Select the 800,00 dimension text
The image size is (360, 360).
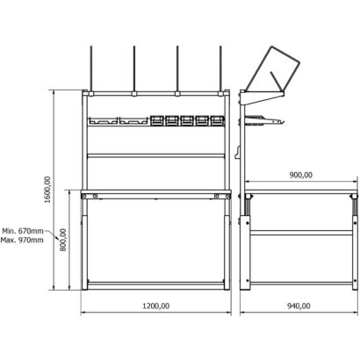(63, 240)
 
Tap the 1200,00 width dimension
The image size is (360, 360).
(155, 306)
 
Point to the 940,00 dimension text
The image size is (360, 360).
(299, 306)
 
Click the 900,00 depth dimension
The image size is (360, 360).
(301, 175)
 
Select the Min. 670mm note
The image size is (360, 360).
(23, 231)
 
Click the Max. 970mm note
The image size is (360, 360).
(22, 240)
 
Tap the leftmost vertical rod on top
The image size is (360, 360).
(91, 68)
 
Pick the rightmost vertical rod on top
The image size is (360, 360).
(220, 68)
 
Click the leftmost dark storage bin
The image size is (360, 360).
(157, 120)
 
